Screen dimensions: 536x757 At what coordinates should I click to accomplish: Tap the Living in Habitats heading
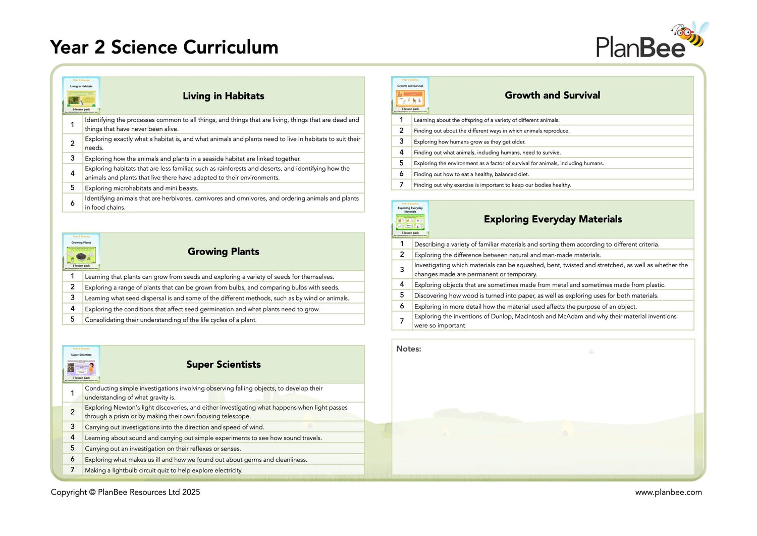coord(223,96)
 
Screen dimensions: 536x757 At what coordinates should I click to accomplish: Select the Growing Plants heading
coord(223,252)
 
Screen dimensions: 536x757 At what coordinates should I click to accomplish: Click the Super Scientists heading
coord(223,365)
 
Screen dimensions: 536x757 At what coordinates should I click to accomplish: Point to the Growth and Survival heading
coord(552,95)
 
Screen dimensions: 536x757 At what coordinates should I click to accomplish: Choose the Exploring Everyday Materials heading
coord(553,219)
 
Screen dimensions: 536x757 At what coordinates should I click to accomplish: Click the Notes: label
coord(408,349)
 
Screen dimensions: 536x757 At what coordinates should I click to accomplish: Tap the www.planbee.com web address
coord(668,492)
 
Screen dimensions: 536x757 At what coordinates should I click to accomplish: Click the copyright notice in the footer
coord(125,492)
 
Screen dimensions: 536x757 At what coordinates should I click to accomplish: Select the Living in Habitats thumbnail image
coord(81,95)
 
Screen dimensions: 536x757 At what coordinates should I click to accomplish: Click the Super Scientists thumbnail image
coord(81,364)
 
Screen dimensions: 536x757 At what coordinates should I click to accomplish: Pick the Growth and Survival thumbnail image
coord(410,95)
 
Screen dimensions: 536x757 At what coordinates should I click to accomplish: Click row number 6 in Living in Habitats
coord(73,203)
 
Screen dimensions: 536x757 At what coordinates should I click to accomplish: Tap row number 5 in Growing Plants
coord(73,319)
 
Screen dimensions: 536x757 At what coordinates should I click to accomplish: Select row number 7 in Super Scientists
coord(73,470)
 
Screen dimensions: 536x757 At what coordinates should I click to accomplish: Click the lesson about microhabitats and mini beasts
coord(141,188)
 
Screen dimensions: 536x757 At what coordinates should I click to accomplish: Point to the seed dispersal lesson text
coord(217,298)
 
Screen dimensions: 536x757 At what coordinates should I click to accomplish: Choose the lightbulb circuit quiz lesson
coord(164,470)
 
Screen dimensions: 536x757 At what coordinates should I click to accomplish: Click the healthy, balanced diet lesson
coord(471,174)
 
